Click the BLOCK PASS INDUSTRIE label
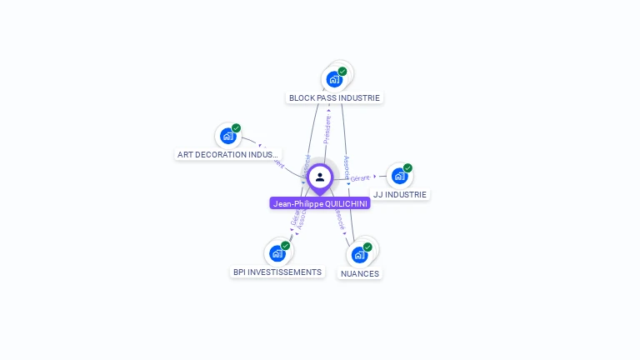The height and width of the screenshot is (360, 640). [334, 97]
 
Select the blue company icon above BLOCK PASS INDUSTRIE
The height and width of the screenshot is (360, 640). [333, 79]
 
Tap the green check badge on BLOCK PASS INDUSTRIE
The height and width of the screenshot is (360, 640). [342, 72]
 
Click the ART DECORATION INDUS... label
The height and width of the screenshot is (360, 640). [228, 154]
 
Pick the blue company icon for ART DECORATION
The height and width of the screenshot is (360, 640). [227, 136]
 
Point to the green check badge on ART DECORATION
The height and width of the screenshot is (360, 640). [236, 128]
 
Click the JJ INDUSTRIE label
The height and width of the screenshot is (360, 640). [400, 194]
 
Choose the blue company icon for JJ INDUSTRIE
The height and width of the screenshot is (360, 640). [399, 176]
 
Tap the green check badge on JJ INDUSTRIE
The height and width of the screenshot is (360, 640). [407, 168]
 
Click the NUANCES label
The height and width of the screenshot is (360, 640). [360, 273]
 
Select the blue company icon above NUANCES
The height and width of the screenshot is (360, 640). [359, 254]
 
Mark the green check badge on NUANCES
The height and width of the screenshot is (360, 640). [367, 247]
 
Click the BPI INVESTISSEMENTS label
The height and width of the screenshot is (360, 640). [277, 272]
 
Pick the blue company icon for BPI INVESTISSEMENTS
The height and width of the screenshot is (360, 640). [277, 253]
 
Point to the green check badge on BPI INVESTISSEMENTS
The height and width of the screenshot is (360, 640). [285, 246]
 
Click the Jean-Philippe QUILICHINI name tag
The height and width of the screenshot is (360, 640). [320, 203]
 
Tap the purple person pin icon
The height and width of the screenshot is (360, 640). [320, 177]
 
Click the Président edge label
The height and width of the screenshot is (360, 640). [327, 129]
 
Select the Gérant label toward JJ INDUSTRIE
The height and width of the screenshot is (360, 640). [360, 178]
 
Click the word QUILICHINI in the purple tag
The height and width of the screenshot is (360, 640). [347, 203]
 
